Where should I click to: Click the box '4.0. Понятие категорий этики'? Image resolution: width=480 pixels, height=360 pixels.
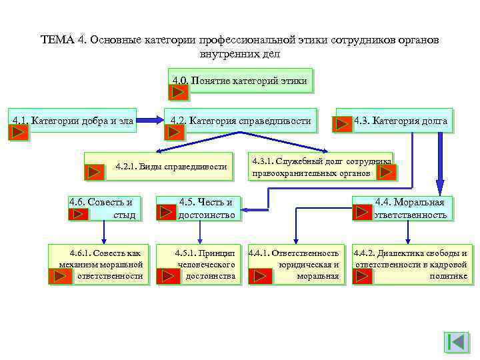(x=240, y=81)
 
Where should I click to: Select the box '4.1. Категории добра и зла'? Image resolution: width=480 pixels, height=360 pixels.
(x=73, y=120)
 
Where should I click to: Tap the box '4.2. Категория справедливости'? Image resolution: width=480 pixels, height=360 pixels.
(x=240, y=121)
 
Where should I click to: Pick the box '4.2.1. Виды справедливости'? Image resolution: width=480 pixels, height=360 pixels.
(x=171, y=166)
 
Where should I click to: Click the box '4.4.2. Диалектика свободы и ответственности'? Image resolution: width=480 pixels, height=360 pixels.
(x=411, y=264)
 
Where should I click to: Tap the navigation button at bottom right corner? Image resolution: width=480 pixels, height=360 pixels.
(x=457, y=343)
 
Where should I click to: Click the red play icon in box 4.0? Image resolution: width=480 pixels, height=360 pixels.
(x=181, y=92)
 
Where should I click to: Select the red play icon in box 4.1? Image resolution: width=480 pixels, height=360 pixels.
(x=19, y=132)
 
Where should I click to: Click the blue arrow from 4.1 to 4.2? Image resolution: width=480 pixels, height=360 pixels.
(x=151, y=121)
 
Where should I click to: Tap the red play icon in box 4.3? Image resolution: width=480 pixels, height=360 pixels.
(x=343, y=124)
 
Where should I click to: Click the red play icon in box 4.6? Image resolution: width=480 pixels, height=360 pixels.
(x=78, y=214)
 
